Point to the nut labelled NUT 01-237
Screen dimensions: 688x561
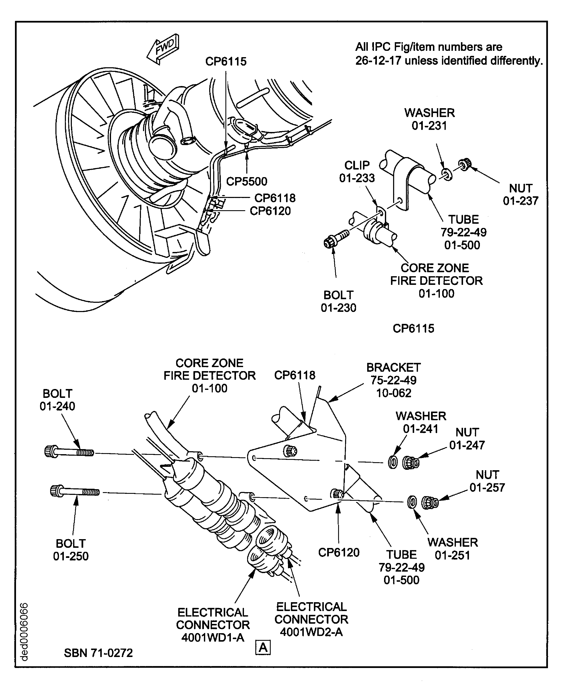click(464, 165)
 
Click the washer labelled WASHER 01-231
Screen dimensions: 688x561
click(447, 174)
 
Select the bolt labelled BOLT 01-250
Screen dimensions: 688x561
click(74, 491)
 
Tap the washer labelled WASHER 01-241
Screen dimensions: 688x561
click(393, 463)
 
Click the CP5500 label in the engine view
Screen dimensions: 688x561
click(246, 182)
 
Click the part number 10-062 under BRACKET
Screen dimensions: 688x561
click(394, 393)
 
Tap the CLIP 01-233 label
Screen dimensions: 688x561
click(357, 171)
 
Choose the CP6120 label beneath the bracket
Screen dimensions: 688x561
click(339, 552)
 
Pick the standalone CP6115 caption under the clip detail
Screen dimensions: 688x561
click(413, 328)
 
